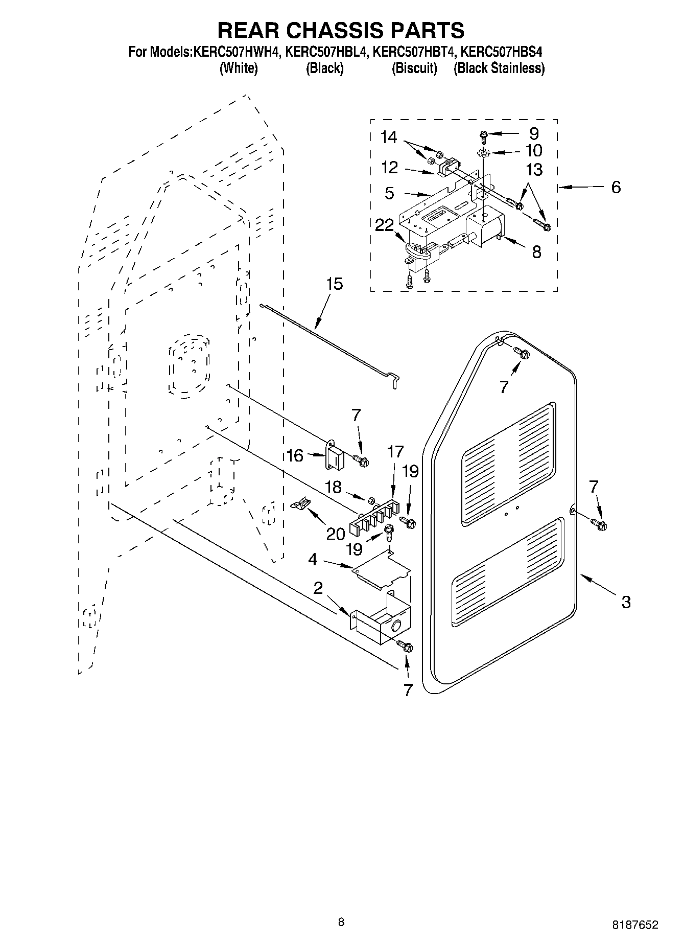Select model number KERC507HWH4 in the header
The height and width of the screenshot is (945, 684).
(237, 52)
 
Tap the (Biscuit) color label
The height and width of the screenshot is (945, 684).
(414, 68)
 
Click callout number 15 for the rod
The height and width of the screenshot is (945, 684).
(335, 284)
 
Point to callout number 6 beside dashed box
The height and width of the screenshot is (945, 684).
(616, 188)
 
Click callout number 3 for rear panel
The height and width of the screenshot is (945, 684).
(626, 602)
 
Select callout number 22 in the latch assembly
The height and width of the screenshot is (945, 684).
(384, 225)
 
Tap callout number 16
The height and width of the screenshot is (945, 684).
(295, 455)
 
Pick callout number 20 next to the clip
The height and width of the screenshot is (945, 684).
(336, 534)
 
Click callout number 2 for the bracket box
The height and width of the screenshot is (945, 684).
(318, 588)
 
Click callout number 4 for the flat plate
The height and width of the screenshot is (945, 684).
(313, 560)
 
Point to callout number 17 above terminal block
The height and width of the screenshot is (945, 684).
(395, 452)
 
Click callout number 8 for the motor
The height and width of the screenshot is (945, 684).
(536, 252)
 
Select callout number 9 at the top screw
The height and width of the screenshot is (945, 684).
(534, 134)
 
